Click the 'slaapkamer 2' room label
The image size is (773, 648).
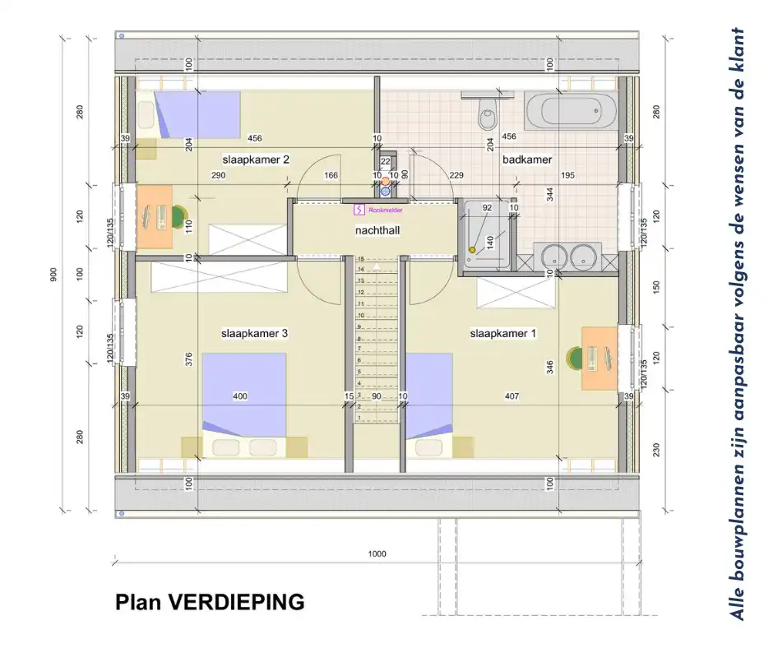(255, 160)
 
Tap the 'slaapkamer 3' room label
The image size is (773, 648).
(254, 334)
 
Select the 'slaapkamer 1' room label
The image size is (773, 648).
(503, 334)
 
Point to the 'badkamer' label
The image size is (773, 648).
(527, 160)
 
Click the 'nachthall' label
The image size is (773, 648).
(377, 231)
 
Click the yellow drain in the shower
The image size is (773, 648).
(472, 250)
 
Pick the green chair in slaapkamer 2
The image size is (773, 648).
(178, 216)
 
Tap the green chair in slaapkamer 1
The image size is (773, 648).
(575, 358)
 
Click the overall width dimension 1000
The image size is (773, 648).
(377, 554)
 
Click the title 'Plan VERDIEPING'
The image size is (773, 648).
(210, 603)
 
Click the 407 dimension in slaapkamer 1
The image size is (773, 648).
(511, 396)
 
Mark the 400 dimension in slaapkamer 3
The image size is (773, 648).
(240, 396)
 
